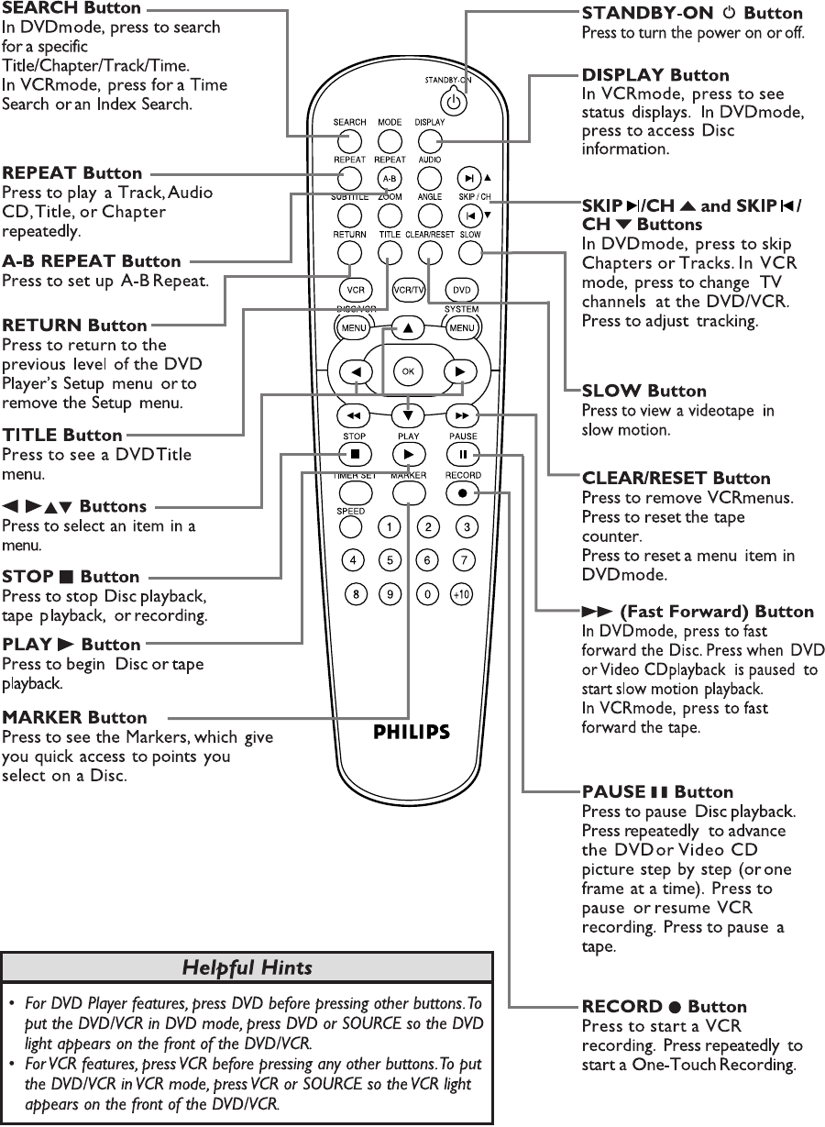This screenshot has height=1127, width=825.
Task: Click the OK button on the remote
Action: (407, 370)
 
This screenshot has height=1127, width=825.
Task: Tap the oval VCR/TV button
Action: (408, 291)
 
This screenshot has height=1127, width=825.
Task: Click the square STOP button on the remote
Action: (354, 454)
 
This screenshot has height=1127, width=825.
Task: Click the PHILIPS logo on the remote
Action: (412, 732)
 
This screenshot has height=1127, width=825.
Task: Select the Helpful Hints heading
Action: (247, 967)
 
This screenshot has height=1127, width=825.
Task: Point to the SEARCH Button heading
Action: (71, 8)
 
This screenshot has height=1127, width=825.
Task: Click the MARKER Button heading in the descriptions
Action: (74, 717)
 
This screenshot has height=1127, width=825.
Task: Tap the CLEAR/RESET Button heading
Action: (676, 478)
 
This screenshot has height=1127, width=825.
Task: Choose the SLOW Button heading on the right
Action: (644, 391)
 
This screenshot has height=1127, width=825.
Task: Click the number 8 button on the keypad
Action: (354, 594)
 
